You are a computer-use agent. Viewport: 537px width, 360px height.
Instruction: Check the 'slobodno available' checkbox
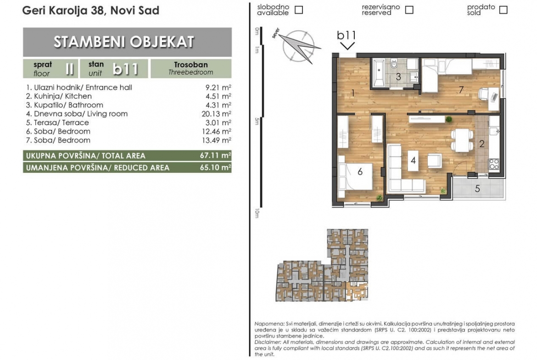[x=299, y=10]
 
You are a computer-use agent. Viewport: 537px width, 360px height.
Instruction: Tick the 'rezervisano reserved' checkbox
[x=409, y=10]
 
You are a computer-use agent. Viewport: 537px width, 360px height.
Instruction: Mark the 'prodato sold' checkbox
[x=503, y=10]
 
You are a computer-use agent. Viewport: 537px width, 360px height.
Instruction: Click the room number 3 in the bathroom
[x=398, y=77]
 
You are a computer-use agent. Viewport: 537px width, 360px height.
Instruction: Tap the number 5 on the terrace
[x=477, y=188]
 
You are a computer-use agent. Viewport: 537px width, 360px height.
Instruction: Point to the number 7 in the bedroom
[x=461, y=90]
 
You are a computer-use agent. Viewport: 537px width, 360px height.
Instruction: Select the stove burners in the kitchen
[x=493, y=164]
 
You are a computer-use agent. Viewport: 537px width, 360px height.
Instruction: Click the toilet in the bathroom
[x=394, y=63]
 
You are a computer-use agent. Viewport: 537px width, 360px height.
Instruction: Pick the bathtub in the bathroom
[x=379, y=73]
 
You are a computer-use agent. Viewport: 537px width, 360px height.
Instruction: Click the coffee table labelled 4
[x=414, y=161]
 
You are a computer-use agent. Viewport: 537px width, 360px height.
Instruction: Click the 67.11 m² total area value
[x=215, y=155]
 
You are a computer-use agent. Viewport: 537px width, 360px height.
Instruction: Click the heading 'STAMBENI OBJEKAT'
[x=124, y=42]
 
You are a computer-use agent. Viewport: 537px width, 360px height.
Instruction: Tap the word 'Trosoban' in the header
[x=191, y=65]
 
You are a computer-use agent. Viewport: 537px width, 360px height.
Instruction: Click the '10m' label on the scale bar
[x=257, y=213]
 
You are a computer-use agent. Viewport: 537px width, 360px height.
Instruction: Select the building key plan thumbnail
[x=322, y=265]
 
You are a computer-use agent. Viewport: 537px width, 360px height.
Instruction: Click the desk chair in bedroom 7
[x=484, y=94]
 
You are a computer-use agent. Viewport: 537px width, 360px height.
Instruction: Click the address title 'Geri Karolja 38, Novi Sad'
[x=91, y=11]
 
